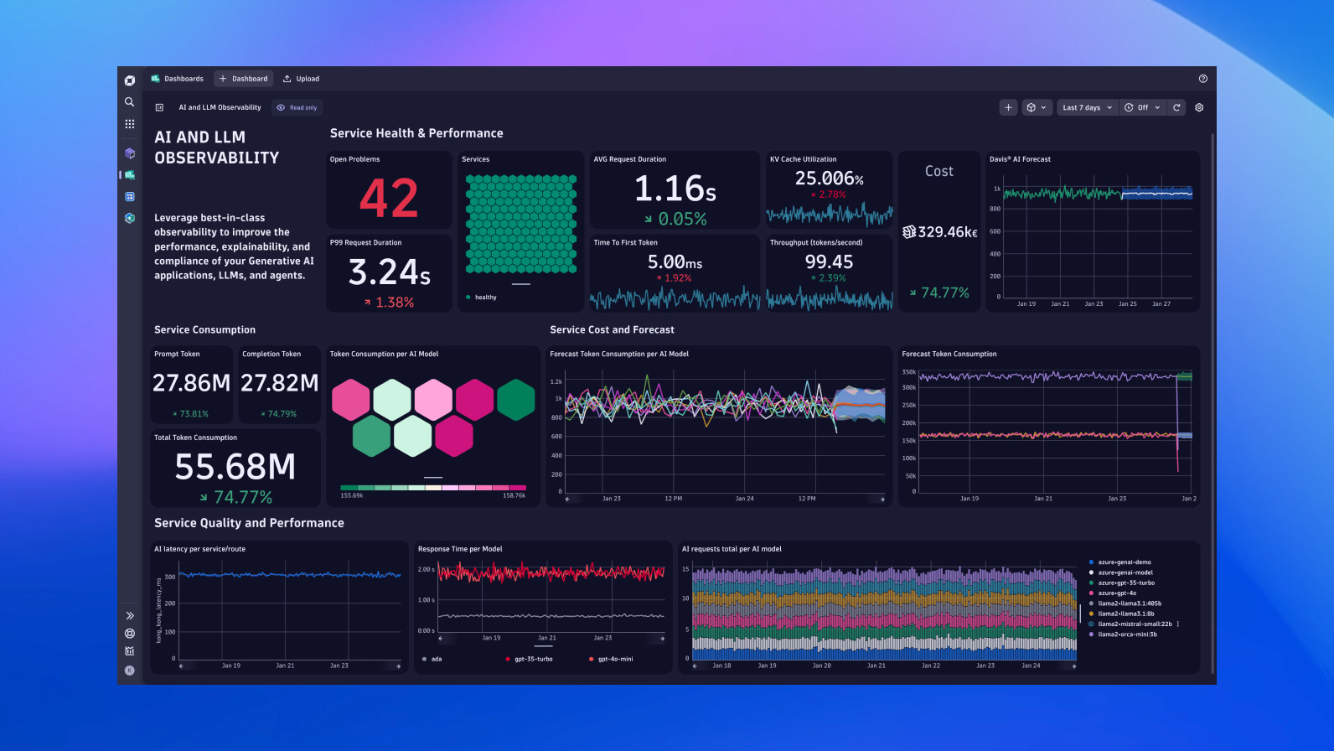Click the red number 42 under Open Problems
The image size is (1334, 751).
coord(389,199)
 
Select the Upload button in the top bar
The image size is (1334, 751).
coord(301,79)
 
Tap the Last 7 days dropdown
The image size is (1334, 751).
coord(1087,107)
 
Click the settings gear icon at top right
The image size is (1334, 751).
coord(1199,107)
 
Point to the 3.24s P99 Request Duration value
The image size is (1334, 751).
coord(389,272)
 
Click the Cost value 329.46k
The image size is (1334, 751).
coord(940,232)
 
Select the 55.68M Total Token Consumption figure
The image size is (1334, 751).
coord(235,467)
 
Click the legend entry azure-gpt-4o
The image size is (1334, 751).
coord(1117,593)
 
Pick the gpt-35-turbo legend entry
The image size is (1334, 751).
coord(533,659)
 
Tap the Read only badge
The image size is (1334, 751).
coord(297,107)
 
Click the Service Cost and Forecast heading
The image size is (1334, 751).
coord(612,330)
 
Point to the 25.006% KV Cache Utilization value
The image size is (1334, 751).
coord(829,179)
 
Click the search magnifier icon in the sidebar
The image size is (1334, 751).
coord(130,101)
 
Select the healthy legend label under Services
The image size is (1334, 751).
coord(485,298)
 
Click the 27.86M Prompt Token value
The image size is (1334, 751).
coord(191,383)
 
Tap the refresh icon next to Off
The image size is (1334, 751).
coord(1176,107)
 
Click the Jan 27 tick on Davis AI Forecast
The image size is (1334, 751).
coord(1161,304)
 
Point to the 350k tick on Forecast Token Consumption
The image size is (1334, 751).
coord(908,371)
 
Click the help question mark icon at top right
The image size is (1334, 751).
coord(1202,79)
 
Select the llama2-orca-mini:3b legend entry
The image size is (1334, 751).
coord(1127,634)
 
